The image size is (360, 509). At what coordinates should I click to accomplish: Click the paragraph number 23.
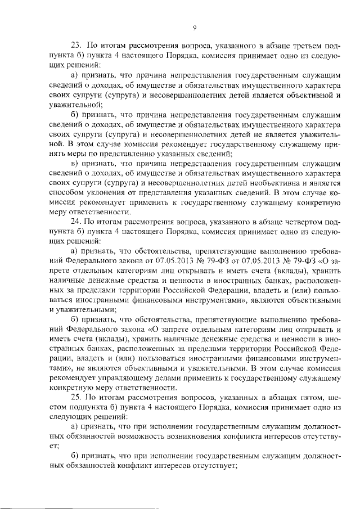75,45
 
